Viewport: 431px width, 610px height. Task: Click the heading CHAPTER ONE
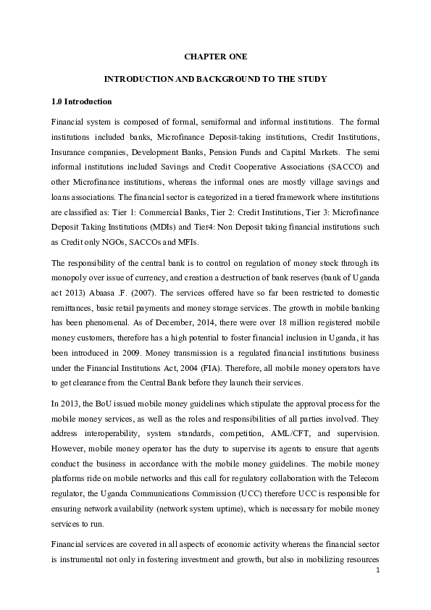(215, 55)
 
